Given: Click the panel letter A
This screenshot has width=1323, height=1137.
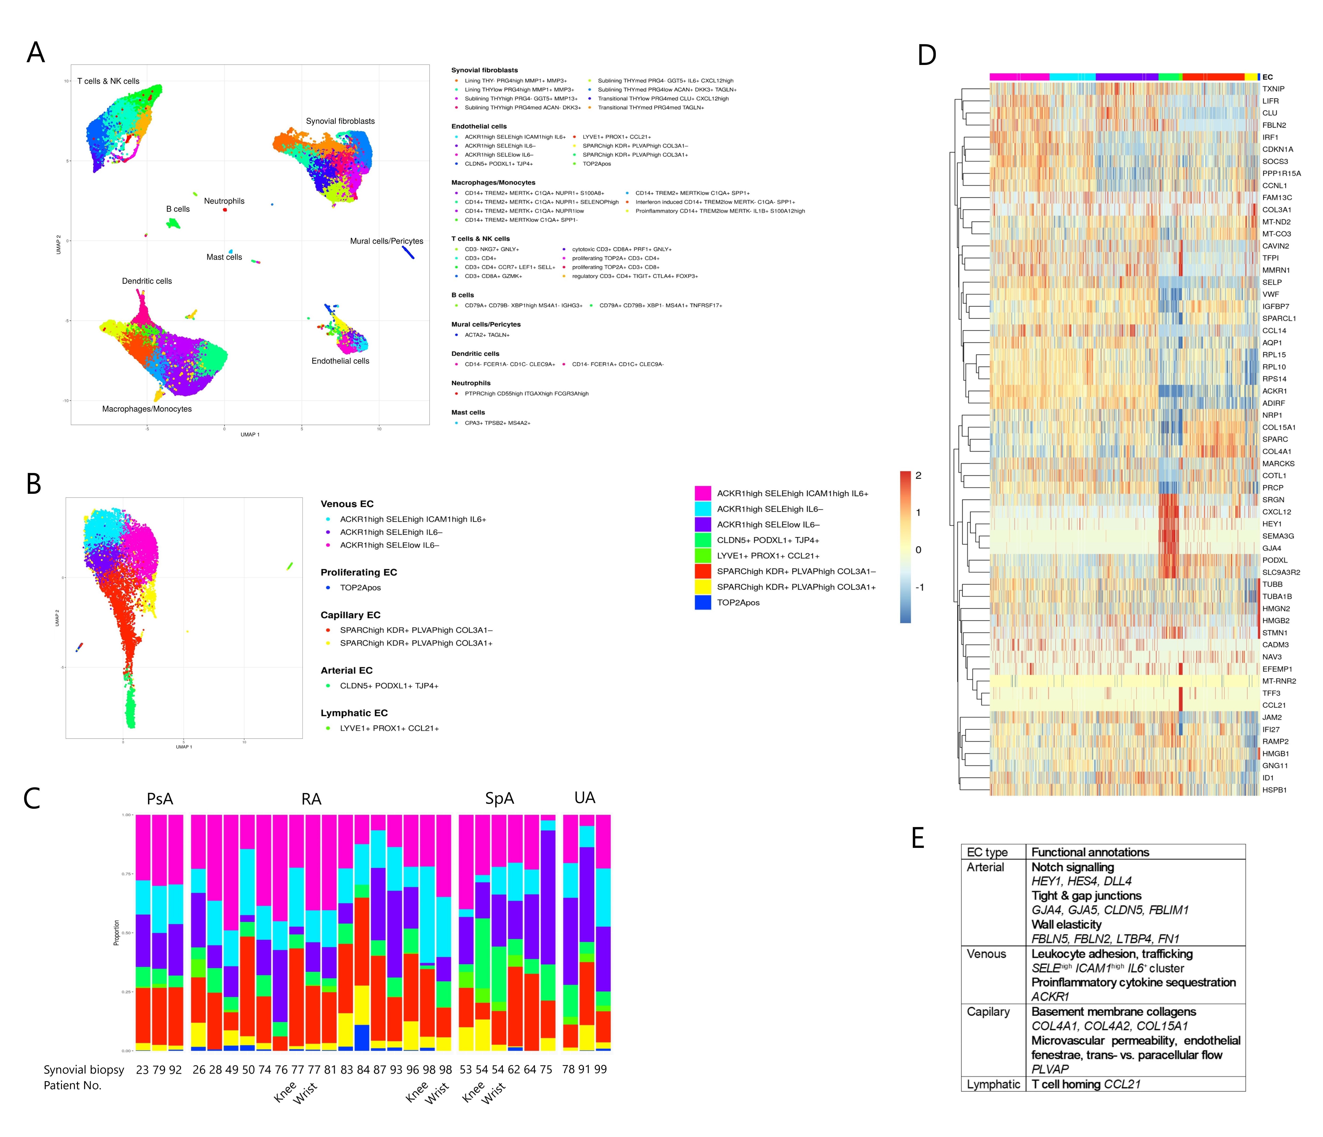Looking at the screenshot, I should pyautogui.click(x=36, y=52).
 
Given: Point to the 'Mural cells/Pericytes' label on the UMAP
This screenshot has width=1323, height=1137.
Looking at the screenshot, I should pyautogui.click(x=386, y=241).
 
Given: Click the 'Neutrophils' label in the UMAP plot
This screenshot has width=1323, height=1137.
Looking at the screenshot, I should pyautogui.click(x=224, y=201).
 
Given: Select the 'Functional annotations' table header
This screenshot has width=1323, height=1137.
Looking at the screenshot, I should pyautogui.click(x=1090, y=852).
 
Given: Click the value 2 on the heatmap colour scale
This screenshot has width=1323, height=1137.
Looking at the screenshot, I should pyautogui.click(x=918, y=476).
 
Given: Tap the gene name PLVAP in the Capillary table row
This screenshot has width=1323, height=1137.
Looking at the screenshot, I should pyautogui.click(x=1050, y=1069).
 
